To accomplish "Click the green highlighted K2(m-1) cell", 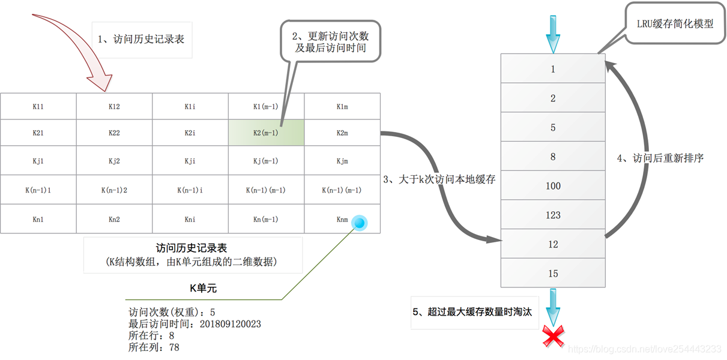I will [x=266, y=133].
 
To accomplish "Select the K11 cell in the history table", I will [x=38, y=107].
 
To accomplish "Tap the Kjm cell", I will [x=342, y=161].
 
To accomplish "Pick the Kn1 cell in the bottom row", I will [x=38, y=219].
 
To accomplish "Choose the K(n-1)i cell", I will [x=190, y=190].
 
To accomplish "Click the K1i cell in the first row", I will [x=190, y=107].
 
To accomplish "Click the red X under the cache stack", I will [x=553, y=337].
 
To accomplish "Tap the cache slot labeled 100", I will [x=553, y=186].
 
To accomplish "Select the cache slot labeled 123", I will [x=553, y=215].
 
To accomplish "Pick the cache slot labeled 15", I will [x=553, y=274].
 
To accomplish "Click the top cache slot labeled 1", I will [x=553, y=69].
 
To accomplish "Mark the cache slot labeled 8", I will [x=553, y=157].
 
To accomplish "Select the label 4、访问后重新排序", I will [x=660, y=158].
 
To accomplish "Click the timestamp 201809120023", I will [x=231, y=325].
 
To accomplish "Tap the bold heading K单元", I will [x=203, y=289].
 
